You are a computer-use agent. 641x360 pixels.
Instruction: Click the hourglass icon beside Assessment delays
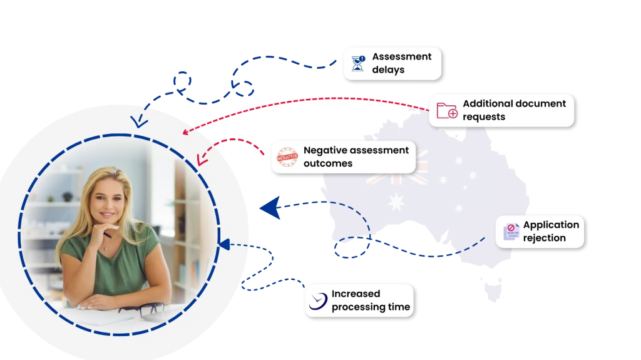click(x=358, y=63)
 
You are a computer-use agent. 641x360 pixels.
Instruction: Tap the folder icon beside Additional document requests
click(x=447, y=110)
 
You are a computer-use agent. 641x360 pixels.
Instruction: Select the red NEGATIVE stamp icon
click(x=287, y=157)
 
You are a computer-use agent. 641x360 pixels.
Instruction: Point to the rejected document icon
click(x=511, y=232)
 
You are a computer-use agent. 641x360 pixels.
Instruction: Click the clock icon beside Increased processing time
click(x=318, y=301)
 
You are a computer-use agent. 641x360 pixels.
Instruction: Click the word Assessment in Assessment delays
click(x=401, y=56)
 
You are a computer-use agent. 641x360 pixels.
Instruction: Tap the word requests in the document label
click(x=484, y=117)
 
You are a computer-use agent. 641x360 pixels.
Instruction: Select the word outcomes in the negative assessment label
click(x=328, y=163)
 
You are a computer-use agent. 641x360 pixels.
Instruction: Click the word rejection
click(x=544, y=238)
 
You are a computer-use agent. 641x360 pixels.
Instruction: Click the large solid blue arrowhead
click(x=270, y=207)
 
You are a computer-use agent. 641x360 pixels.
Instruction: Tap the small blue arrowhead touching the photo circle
click(x=224, y=244)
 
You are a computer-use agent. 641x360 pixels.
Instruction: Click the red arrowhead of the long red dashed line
click(x=185, y=131)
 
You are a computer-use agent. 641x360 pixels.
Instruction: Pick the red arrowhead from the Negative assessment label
click(x=201, y=160)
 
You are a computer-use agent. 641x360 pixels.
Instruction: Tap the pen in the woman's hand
click(x=106, y=234)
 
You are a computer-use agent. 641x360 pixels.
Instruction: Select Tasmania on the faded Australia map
click(x=493, y=288)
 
